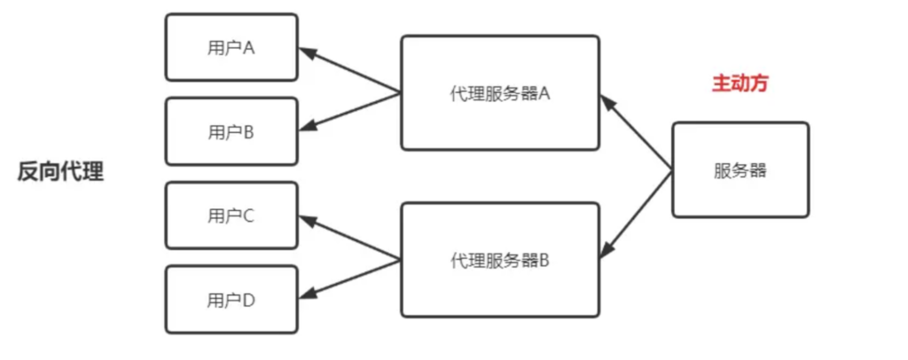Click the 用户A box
(231, 48)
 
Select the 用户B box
(231, 131)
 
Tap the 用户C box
(231, 215)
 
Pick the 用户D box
(231, 300)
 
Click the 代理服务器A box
(500, 92)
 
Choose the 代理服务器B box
(500, 260)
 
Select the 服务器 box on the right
(740, 169)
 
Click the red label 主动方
(740, 83)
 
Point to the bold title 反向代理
(60, 172)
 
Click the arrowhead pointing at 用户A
(307, 52)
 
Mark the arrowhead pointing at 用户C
(307, 220)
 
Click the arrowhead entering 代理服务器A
(607, 102)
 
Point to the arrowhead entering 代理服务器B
(605, 249)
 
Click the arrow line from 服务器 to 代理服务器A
(636, 132)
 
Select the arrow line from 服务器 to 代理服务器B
(635, 215)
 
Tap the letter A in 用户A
(248, 48)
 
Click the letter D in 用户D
(248, 301)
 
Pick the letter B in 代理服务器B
(544, 261)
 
